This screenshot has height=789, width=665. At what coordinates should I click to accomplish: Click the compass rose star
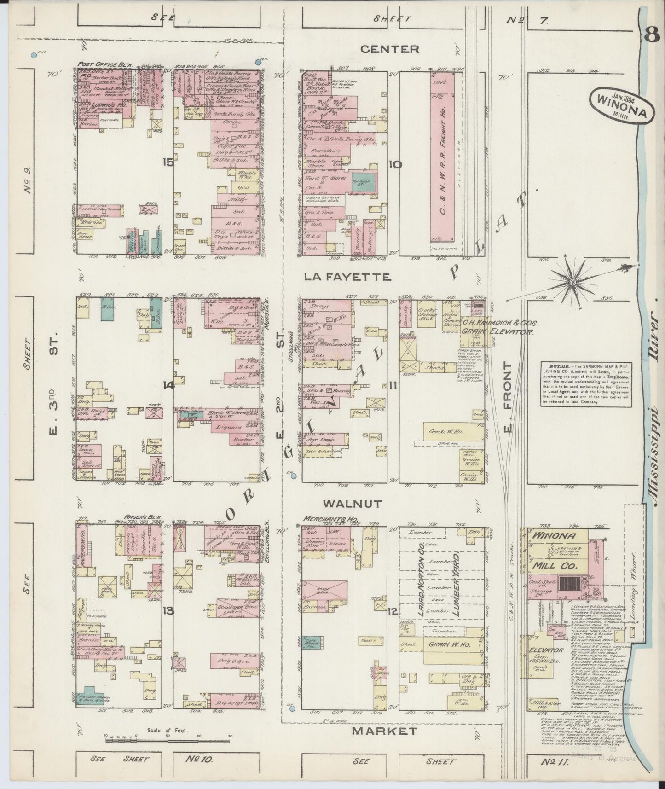(x=572, y=280)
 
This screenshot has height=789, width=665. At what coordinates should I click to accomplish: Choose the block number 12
(x=393, y=612)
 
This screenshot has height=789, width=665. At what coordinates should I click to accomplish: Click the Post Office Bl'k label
(x=105, y=65)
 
